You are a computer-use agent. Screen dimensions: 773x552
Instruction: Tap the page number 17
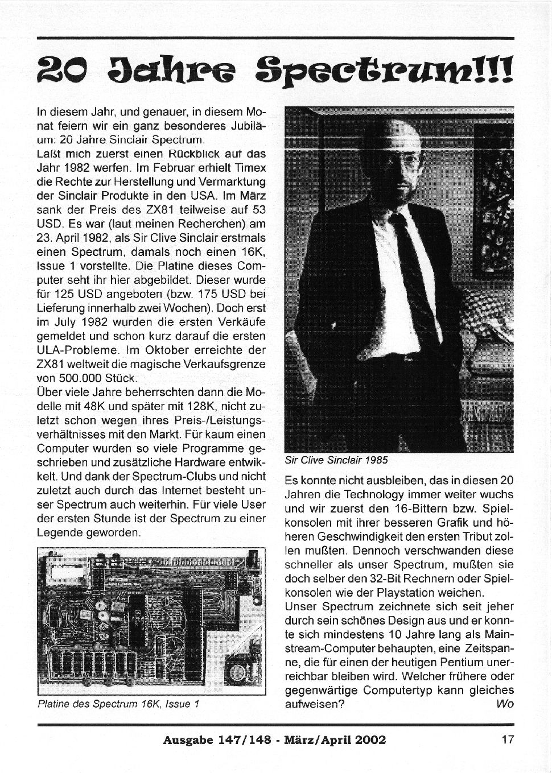508,739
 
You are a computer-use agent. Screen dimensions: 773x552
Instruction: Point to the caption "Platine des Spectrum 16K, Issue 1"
118,704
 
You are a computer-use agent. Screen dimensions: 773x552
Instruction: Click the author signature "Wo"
505,704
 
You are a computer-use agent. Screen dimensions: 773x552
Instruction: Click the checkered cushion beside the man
487,310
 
